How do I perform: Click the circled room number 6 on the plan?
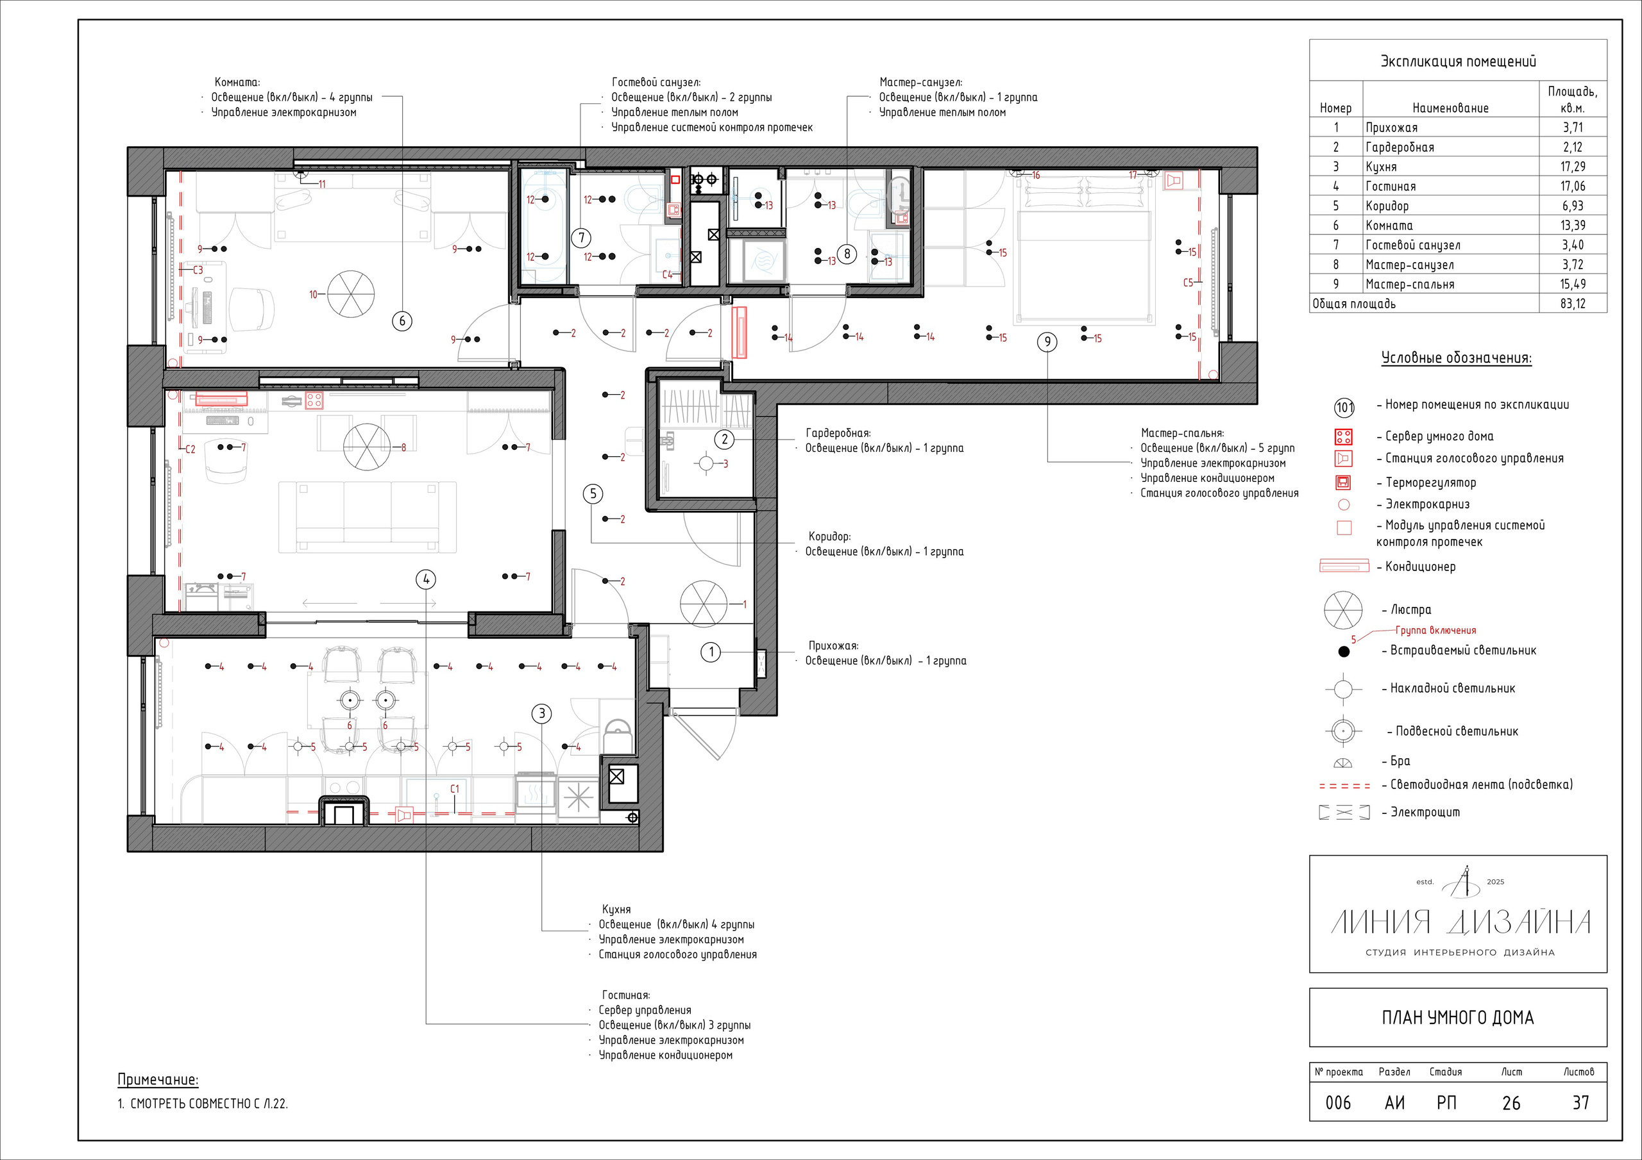click(x=402, y=321)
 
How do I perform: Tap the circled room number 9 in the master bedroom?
click(x=1047, y=342)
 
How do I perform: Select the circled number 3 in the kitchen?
click(x=542, y=713)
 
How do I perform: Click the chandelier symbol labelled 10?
click(x=351, y=294)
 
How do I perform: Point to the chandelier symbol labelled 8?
click(x=367, y=447)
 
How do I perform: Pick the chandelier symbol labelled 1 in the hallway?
click(x=704, y=604)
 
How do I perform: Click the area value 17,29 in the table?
click(x=1573, y=167)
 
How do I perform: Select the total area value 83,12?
click(x=1573, y=304)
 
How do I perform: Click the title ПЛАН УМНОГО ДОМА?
click(x=1457, y=1018)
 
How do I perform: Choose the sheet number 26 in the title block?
click(x=1511, y=1103)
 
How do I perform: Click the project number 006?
click(x=1338, y=1103)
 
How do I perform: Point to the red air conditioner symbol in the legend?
click(x=1344, y=567)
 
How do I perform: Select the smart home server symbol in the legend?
click(x=1344, y=436)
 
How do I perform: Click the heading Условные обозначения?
click(x=1456, y=358)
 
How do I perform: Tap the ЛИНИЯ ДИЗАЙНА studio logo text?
click(x=1460, y=922)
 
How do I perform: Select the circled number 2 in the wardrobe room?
click(x=724, y=439)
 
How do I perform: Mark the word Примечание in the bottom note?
click(x=158, y=1080)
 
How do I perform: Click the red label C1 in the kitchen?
click(x=455, y=789)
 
